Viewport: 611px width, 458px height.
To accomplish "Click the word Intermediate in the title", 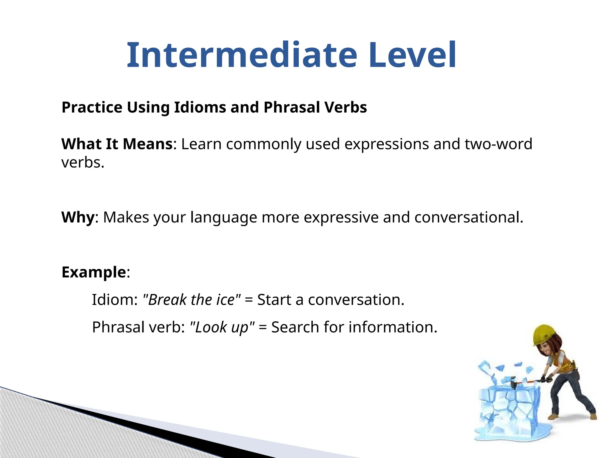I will (242, 55).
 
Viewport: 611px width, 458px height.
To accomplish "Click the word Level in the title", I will (412, 55).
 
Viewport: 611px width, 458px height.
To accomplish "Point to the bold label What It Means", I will (117, 144).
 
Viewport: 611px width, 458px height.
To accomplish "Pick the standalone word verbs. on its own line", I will (83, 163).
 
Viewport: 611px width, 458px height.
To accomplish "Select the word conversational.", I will (469, 217).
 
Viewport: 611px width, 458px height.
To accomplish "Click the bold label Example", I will (94, 272).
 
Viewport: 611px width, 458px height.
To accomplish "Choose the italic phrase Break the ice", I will (192, 300).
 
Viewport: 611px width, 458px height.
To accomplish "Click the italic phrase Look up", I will (222, 327).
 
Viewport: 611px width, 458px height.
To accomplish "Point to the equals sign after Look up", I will (263, 327).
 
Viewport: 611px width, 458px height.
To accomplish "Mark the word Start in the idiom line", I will (274, 300).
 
